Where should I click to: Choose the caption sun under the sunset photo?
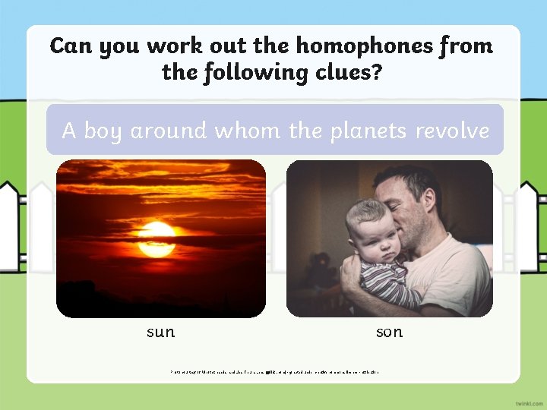point(160,332)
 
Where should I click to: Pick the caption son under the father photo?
point(389,332)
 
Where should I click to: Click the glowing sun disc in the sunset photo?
point(157,238)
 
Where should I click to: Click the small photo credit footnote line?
point(274,372)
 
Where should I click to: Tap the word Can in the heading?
point(68,46)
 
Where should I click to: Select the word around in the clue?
point(168,131)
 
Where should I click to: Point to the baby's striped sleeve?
point(387,281)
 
